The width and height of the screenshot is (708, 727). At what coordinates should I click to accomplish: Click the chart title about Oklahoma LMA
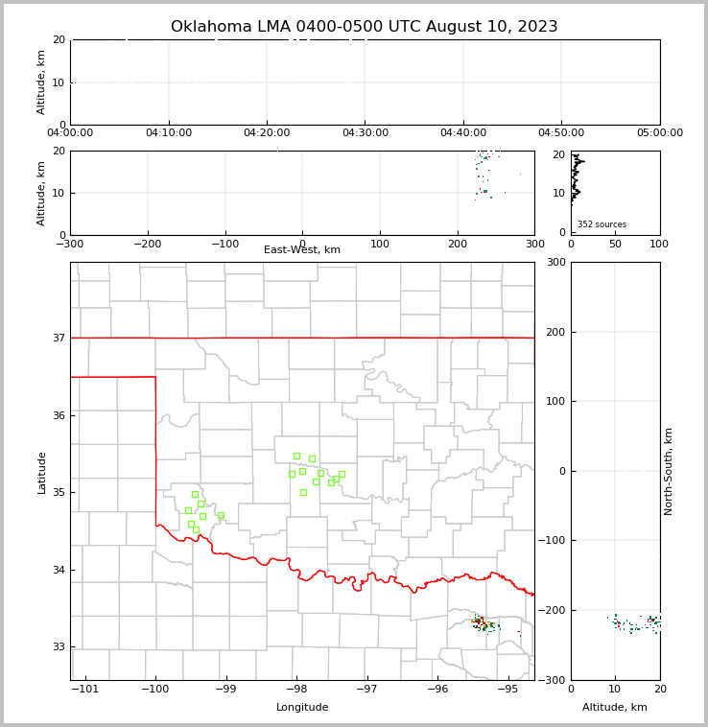click(x=364, y=27)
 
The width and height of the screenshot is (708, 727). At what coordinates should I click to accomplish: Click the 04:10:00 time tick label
click(x=169, y=133)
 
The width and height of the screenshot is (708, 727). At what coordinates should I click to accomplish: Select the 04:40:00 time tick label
click(x=463, y=133)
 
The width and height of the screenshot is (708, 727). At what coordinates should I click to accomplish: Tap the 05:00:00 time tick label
click(x=659, y=133)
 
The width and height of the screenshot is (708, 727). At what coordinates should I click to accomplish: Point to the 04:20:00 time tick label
click(x=267, y=133)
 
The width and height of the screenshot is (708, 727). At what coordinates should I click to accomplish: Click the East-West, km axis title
click(x=302, y=250)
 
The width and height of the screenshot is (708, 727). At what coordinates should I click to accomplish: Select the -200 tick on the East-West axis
click(x=147, y=244)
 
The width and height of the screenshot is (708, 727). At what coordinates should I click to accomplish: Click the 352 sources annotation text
click(x=602, y=224)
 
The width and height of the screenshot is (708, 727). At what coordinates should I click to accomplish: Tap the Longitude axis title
click(x=302, y=708)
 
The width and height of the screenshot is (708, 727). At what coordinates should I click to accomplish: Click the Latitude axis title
click(x=41, y=472)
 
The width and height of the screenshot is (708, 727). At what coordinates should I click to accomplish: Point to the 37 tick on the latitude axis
click(x=59, y=338)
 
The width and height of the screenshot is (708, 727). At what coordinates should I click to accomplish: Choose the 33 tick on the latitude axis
click(x=59, y=647)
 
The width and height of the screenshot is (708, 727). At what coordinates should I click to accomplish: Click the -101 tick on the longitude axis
click(x=85, y=689)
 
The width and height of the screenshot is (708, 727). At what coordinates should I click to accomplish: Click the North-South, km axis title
click(x=669, y=471)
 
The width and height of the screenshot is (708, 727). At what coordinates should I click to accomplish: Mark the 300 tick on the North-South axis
click(x=555, y=262)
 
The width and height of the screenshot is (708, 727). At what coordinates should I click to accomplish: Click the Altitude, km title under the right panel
click(x=615, y=708)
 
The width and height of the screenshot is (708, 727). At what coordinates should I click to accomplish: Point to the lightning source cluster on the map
click(x=484, y=624)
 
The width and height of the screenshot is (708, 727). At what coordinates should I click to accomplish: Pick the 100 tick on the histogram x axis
click(x=659, y=244)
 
